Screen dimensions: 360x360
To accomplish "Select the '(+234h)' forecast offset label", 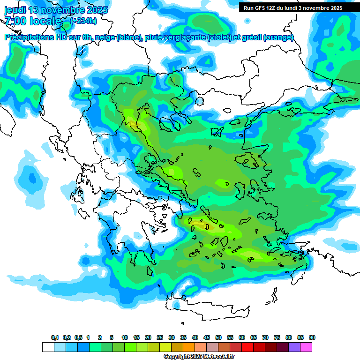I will coord(83,21).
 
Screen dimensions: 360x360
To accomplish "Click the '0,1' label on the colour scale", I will coord(55,337).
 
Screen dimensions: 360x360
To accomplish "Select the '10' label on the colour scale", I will coord(125,337).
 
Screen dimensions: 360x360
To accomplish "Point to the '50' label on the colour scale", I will coord(218,337).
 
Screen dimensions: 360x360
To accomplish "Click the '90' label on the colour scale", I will coord(312,337).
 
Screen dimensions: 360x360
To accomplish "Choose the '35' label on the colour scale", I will coord(183,337).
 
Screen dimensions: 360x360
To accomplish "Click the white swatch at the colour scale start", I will coord(48,347).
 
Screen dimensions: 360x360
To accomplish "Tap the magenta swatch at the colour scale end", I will coord(306,347).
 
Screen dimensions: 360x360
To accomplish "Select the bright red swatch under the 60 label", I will coord(247,347).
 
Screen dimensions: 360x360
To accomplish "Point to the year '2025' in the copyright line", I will coord(195,357).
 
